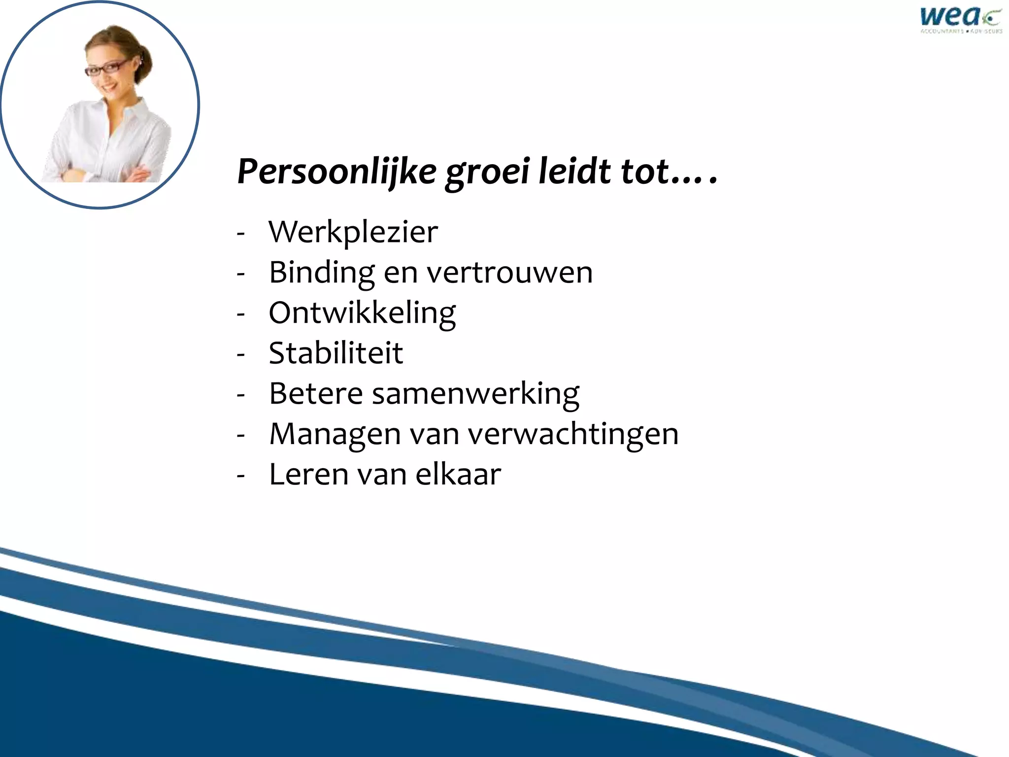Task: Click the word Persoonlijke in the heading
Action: [x=337, y=172]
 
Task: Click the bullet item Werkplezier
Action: [x=353, y=232]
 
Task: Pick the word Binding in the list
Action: [x=322, y=273]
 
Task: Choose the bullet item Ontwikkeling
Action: [x=362, y=313]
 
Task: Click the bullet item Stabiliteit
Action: [x=336, y=353]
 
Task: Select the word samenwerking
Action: [x=475, y=394]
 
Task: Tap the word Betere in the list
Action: [x=316, y=394]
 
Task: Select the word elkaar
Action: [x=458, y=475]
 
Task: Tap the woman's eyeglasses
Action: [x=107, y=68]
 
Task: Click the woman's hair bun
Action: [x=143, y=62]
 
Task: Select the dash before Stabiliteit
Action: [x=241, y=354]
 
